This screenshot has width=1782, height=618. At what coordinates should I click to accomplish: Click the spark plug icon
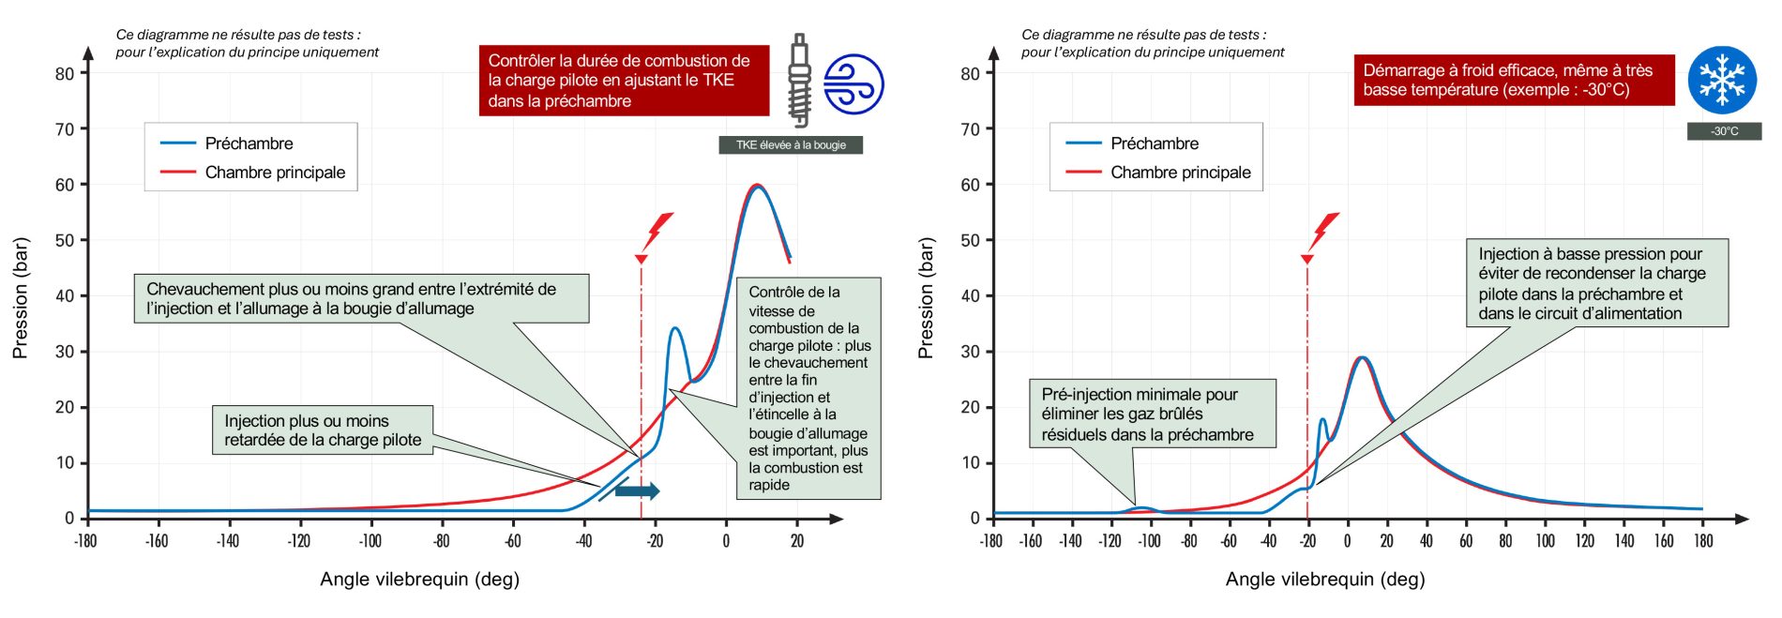(x=799, y=81)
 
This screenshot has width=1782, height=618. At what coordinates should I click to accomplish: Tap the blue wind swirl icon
(x=853, y=84)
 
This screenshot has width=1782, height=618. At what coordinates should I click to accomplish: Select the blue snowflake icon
(x=1722, y=80)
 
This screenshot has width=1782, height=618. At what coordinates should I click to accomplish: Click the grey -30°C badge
(x=1724, y=131)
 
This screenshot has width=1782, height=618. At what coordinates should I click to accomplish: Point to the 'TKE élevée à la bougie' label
(x=791, y=145)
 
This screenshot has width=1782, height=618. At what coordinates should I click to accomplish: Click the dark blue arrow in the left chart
(x=638, y=490)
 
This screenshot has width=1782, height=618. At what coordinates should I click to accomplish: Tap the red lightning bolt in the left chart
(x=659, y=231)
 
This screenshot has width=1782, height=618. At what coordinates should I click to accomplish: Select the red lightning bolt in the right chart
(x=1325, y=231)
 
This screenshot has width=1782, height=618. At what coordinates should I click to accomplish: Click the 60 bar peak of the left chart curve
(x=758, y=186)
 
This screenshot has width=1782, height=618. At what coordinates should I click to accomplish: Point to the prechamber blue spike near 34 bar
(x=674, y=329)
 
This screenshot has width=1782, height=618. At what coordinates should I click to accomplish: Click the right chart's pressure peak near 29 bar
(x=1362, y=357)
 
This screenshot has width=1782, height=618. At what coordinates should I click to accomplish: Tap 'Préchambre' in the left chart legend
(x=249, y=143)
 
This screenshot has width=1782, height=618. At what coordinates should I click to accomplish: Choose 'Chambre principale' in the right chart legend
(x=1180, y=173)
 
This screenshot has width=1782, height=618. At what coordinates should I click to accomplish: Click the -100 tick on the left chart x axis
(x=370, y=541)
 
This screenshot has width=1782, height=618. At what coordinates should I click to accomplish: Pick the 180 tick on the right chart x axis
(x=1703, y=541)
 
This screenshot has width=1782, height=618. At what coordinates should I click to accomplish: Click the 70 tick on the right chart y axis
(x=970, y=129)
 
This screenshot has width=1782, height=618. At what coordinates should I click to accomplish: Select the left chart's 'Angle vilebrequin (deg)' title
(x=419, y=580)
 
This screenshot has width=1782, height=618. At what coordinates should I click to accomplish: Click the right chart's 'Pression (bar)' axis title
(x=926, y=298)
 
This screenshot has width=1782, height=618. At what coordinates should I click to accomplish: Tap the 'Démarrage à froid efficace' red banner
(x=1513, y=80)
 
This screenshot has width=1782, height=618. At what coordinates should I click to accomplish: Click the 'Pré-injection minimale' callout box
(x=1153, y=414)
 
